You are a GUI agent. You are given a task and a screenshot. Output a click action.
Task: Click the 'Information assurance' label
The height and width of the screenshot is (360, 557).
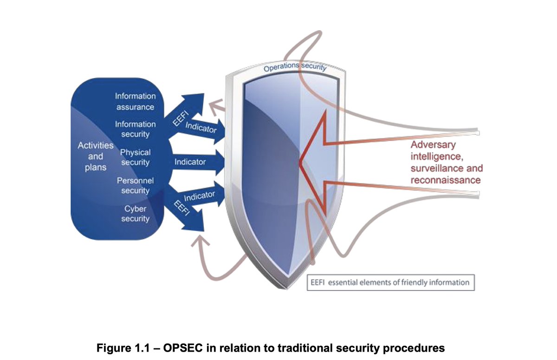135,102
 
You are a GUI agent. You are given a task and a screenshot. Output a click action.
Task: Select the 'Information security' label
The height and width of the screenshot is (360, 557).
135,130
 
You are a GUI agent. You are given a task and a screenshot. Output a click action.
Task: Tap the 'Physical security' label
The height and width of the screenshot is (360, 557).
135,157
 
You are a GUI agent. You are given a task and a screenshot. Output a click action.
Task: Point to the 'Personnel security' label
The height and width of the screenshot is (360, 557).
135,185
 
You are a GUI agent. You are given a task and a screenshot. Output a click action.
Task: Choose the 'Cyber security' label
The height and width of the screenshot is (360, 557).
135,214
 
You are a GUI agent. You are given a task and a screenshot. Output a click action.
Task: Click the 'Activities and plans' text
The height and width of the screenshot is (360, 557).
96,157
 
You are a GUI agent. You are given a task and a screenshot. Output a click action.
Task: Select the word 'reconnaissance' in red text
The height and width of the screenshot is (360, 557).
446,180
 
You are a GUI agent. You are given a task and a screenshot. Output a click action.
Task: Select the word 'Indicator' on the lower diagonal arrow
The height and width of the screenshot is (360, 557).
200,196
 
